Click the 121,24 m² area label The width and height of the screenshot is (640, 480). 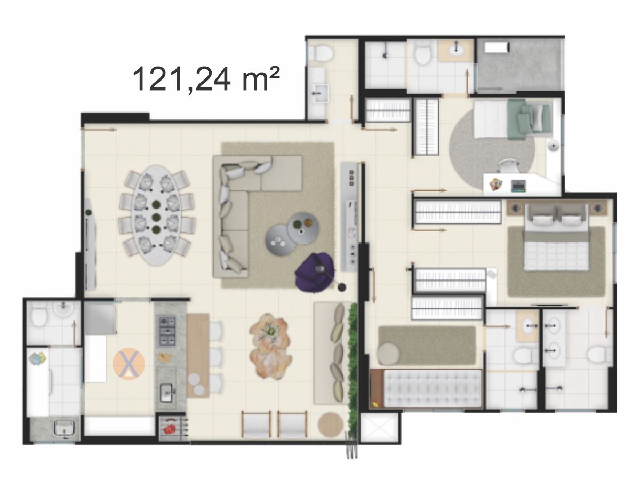click(x=206, y=79)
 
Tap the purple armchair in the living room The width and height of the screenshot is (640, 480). click(x=315, y=273)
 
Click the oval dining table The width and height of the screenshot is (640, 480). click(x=157, y=215)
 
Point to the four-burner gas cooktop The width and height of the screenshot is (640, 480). click(x=167, y=331)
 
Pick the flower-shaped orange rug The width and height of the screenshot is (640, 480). click(x=270, y=347)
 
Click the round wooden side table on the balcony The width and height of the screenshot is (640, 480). click(x=330, y=425)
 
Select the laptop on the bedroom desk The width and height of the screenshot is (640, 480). click(x=519, y=186)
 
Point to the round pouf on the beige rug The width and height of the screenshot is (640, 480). click(x=388, y=354)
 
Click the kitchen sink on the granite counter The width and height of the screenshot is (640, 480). click(x=167, y=393)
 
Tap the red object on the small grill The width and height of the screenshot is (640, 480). click(x=169, y=429)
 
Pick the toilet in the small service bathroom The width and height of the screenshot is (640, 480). click(x=39, y=317)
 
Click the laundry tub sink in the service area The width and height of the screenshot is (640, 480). click(x=66, y=429)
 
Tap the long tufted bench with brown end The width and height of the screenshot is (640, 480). click(x=426, y=389)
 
